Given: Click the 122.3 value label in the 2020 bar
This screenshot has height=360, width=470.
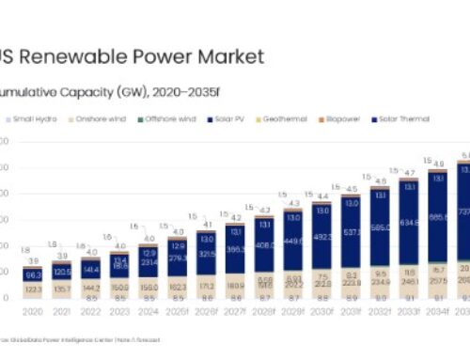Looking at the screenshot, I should click(x=33, y=290).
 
